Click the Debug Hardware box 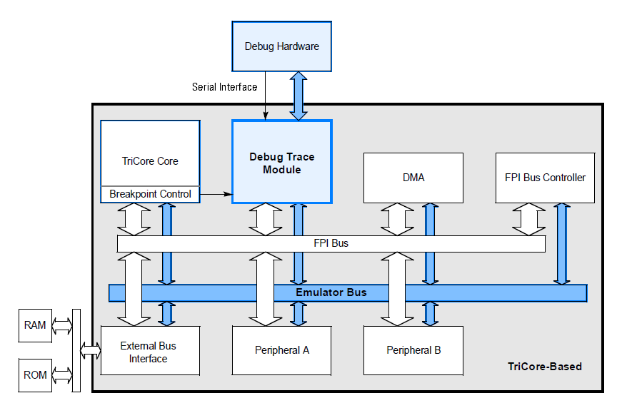pyautogui.click(x=281, y=46)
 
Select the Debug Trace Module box pyautogui.click(x=281, y=163)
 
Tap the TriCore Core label pyautogui.click(x=150, y=161)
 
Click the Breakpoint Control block pyautogui.click(x=150, y=194)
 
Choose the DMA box pyautogui.click(x=413, y=177)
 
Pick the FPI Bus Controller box pyautogui.click(x=544, y=177)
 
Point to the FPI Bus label pyautogui.click(x=331, y=243)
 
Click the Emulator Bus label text pyautogui.click(x=331, y=292)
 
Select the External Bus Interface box pyautogui.click(x=149, y=352)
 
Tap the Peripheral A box pyautogui.click(x=281, y=350)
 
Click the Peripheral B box pyautogui.click(x=413, y=350)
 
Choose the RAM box pyautogui.click(x=35, y=325)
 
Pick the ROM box pyautogui.click(x=35, y=375)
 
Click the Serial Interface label pyautogui.click(x=224, y=87)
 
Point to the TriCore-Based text pyautogui.click(x=544, y=367)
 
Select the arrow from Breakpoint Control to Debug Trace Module pyautogui.click(x=216, y=193)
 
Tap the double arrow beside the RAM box pyautogui.click(x=62, y=326)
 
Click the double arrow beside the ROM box pyautogui.click(x=62, y=375)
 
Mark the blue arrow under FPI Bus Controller pyautogui.click(x=562, y=243)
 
